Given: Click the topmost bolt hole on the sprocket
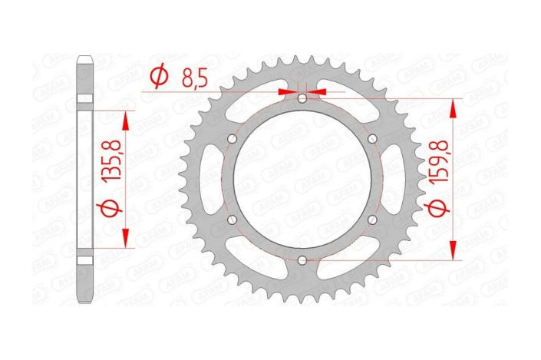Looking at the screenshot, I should [302, 98].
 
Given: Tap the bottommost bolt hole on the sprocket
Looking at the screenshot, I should [302, 261].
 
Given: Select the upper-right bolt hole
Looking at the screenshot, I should [372, 139].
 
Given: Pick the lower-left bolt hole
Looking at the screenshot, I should [232, 220].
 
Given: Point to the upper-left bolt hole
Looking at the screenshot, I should [232, 139].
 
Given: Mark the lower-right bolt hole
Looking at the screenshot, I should [372, 220].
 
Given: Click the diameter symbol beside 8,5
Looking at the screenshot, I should [159, 77].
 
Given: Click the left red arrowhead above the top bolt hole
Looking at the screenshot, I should [288, 91].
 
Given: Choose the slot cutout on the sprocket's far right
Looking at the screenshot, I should [398, 180].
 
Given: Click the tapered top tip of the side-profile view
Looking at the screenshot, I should [84, 57].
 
